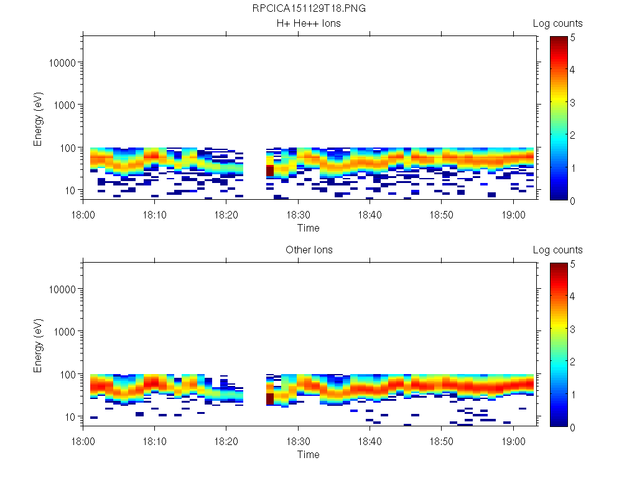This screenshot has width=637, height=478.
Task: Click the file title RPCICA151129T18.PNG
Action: pyautogui.click(x=309, y=9)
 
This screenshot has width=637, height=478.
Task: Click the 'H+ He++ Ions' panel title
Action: pyautogui.click(x=309, y=24)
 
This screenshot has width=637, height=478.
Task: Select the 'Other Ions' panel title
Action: pyautogui.click(x=309, y=250)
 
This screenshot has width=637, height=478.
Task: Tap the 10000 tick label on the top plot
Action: pyautogui.click(x=62, y=63)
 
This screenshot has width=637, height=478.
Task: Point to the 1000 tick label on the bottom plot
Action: pyautogui.click(x=65, y=332)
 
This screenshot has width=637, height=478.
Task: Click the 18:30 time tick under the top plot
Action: pyautogui.click(x=298, y=214)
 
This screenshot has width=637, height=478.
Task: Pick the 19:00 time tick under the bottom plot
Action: pyautogui.click(x=513, y=441)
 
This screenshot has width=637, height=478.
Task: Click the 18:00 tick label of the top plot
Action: pyautogui.click(x=83, y=214)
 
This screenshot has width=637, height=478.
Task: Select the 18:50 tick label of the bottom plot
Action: pyautogui.click(x=441, y=441)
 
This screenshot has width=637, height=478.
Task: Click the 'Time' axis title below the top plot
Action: pyautogui.click(x=309, y=228)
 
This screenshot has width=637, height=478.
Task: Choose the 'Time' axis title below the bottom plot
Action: pyautogui.click(x=309, y=454)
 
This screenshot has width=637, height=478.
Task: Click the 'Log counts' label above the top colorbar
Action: pyautogui.click(x=557, y=24)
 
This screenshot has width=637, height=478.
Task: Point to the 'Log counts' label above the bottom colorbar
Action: pyautogui.click(x=557, y=250)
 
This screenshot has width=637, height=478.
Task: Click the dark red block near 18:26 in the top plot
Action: pyautogui.click(x=270, y=171)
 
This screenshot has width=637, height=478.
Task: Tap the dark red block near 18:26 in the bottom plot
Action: pyautogui.click(x=270, y=399)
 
